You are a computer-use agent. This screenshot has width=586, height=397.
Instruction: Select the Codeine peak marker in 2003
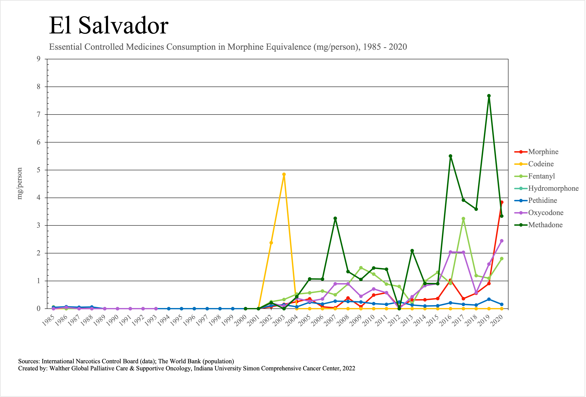pos(284,174)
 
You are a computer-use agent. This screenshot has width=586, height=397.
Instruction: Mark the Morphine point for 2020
pos(502,202)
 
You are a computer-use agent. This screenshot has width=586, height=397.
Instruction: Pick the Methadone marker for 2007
pos(335,218)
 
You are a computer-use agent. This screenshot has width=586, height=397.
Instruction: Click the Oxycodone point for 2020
pos(502,241)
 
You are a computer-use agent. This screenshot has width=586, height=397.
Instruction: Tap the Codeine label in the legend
pos(541,164)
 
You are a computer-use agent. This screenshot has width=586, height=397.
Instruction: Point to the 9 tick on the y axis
pos(39,59)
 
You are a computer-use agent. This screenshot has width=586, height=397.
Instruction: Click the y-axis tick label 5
pos(39,170)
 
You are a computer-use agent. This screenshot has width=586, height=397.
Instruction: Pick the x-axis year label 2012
pos(395,321)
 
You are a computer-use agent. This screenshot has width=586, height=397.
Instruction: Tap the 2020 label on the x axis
pos(497,321)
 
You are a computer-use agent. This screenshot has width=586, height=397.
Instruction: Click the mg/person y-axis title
pos(20,184)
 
